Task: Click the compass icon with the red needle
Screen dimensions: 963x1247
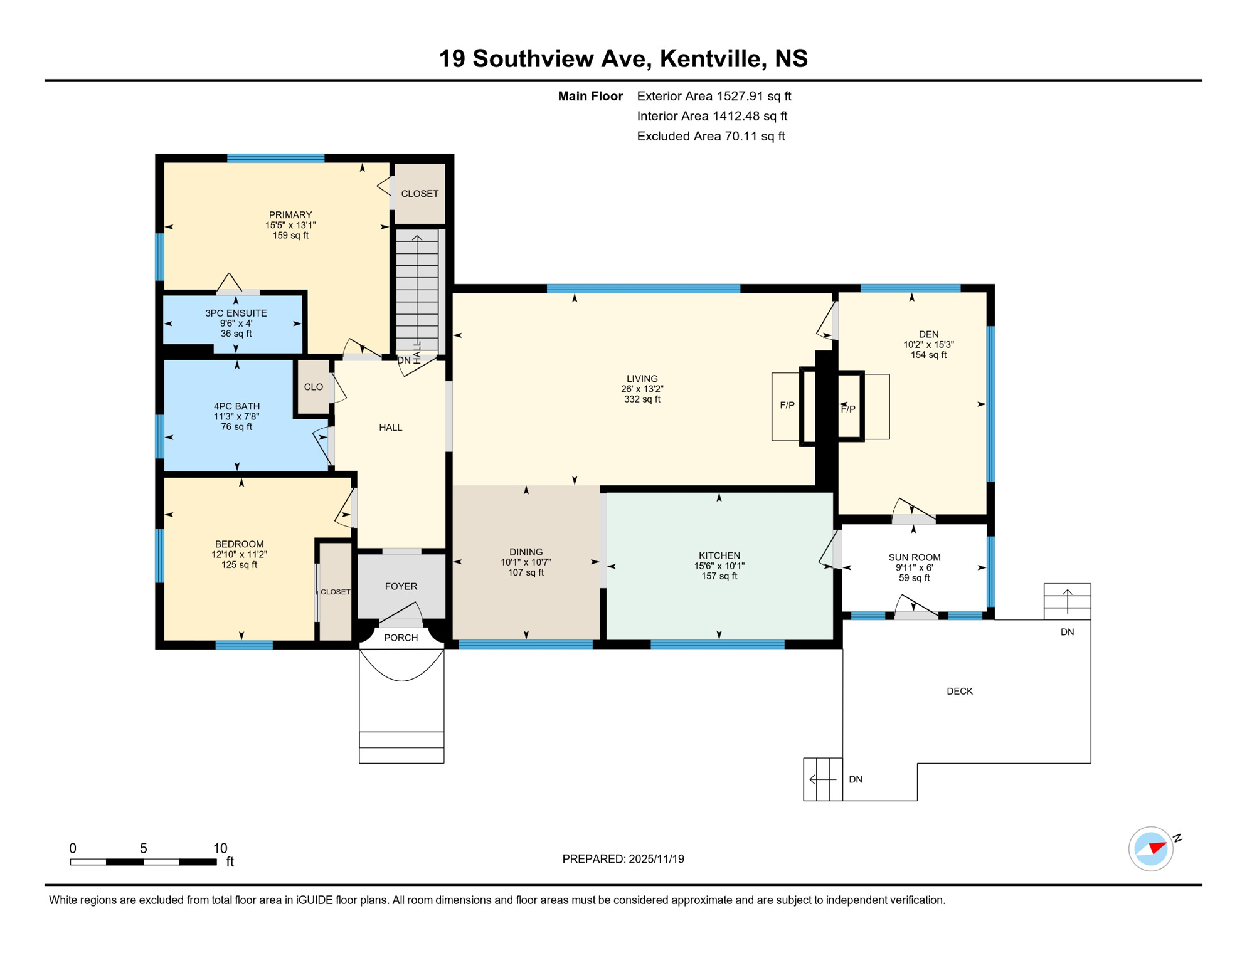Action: tap(1150, 848)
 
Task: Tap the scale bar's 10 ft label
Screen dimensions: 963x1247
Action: tap(220, 848)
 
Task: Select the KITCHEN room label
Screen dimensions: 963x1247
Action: tap(719, 555)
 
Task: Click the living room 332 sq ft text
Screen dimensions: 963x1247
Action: tap(642, 399)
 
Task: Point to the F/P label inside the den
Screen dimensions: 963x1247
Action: tap(847, 409)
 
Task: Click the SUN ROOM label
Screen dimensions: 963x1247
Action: tap(914, 557)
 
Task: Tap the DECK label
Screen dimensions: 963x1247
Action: tap(959, 691)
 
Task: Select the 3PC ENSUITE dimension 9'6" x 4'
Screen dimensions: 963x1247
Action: tap(236, 324)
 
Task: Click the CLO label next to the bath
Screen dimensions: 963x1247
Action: tap(313, 387)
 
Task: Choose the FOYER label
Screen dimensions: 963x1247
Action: tap(401, 586)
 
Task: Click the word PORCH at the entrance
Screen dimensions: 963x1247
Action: tap(401, 638)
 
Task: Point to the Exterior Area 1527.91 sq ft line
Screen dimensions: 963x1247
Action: tap(714, 96)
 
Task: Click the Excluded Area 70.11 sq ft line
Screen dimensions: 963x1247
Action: tap(711, 136)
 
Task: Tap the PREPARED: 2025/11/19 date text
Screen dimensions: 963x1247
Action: tap(623, 859)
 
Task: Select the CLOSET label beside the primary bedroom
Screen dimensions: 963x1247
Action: tap(420, 194)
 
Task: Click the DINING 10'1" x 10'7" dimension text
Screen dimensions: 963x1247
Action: tap(526, 562)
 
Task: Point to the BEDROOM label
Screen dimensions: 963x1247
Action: tap(239, 544)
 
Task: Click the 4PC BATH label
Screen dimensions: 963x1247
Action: tap(236, 406)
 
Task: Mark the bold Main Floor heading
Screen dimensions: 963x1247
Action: tap(590, 96)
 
